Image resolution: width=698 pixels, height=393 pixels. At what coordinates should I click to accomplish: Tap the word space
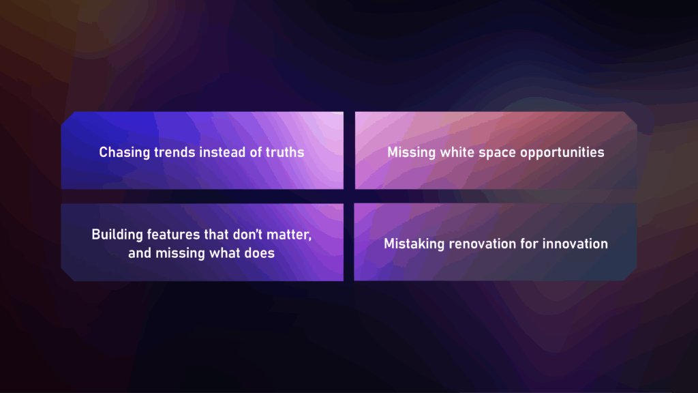(493, 152)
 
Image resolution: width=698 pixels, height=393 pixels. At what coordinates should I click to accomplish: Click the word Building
(117, 235)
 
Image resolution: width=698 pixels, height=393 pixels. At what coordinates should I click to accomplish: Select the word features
(174, 235)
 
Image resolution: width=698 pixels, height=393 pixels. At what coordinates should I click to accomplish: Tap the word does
(261, 253)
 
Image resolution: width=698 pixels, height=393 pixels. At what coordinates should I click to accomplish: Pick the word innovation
(575, 244)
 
